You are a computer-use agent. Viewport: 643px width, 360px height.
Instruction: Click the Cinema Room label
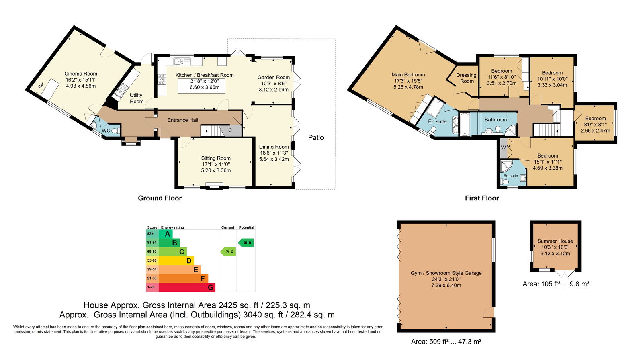[81, 74]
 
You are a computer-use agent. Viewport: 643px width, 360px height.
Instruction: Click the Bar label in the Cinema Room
[41, 85]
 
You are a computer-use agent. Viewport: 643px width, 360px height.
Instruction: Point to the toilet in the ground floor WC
[115, 131]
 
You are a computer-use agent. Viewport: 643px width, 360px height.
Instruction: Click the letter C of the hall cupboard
[230, 131]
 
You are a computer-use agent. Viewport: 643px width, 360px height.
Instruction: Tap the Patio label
[316, 137]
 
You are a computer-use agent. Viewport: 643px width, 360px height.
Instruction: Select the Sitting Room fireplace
[215, 186]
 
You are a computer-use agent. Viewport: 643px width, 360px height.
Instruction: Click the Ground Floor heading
[160, 198]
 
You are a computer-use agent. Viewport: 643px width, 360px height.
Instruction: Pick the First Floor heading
[482, 198]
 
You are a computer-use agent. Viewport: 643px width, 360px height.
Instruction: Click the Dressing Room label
[467, 78]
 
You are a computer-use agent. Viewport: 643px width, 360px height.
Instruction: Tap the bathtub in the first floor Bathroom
[464, 124]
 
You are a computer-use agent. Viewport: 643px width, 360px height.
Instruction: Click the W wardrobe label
[503, 148]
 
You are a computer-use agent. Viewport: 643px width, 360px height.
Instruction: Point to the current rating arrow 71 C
[228, 252]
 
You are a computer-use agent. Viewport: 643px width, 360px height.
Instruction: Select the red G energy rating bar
[187, 287]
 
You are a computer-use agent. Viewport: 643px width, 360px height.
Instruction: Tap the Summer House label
[555, 241]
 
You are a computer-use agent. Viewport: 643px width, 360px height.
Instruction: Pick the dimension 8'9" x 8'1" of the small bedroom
[595, 125]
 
